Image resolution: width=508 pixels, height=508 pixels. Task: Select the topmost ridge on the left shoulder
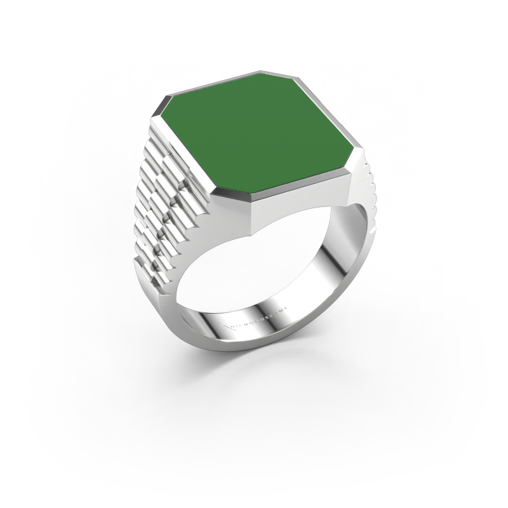pos(156,130)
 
